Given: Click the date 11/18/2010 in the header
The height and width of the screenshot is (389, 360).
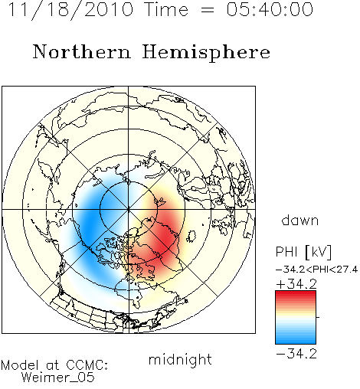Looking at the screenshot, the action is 70,10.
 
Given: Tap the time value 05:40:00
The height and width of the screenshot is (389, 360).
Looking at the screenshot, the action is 270,9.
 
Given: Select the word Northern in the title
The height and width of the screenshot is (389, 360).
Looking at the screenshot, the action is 82,52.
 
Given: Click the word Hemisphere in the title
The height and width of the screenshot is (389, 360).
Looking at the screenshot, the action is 206,53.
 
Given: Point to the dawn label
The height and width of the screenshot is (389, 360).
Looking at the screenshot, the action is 300,220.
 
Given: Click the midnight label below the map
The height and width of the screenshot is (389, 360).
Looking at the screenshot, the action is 180,359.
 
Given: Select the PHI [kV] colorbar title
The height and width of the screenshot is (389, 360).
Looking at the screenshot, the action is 303,252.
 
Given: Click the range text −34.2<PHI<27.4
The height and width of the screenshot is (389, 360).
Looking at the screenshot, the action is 316,270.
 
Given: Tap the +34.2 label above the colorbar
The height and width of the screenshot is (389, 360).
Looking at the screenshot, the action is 296,284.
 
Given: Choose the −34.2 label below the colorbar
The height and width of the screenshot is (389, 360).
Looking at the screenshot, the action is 296,354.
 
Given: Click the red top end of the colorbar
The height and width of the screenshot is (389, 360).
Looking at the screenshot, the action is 296,293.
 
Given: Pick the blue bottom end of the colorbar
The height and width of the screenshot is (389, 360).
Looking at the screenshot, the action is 296,342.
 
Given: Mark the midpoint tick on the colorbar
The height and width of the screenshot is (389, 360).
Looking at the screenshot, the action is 318,317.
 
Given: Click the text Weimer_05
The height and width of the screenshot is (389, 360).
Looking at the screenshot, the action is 58,377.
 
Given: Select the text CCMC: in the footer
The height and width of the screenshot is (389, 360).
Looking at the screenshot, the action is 87,364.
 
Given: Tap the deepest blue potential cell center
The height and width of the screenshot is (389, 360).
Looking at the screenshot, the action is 90,222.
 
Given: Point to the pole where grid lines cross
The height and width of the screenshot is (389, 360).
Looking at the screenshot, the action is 129,209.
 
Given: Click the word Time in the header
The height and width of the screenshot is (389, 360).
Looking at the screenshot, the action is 166,9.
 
